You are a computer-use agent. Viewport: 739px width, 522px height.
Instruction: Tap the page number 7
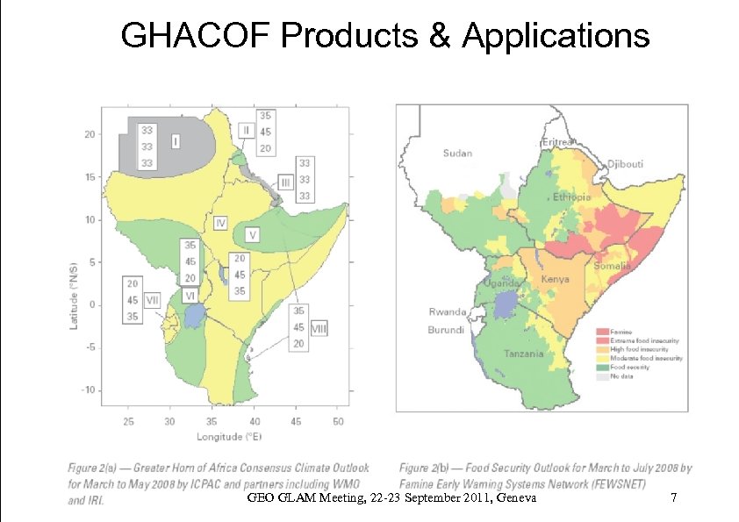pos(673,498)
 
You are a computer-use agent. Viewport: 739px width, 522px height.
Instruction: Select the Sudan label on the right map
pos(456,154)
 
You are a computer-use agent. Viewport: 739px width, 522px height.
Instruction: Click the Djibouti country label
pos(626,164)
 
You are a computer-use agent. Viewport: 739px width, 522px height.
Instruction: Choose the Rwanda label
pos(448,312)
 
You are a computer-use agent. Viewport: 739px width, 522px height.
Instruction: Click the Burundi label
pos(446,330)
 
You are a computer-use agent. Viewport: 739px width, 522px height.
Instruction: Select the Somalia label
pos(613,266)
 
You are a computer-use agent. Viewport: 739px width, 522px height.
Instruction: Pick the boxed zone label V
pos(252,235)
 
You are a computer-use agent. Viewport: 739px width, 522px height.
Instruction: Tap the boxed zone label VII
pos(152,299)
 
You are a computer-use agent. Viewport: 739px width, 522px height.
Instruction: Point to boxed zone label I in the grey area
pos(176,139)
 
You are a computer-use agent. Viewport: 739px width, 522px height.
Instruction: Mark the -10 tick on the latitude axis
pos(90,390)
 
